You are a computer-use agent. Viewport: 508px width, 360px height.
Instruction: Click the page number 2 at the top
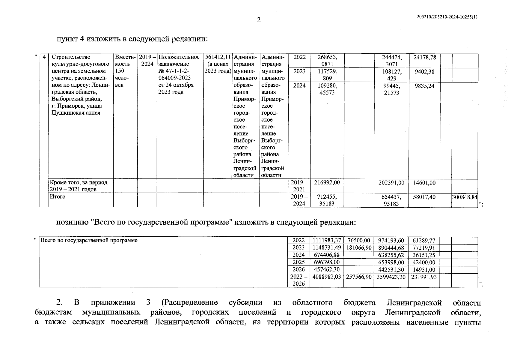pos(259,20)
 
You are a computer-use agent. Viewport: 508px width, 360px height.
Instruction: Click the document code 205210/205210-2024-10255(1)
pos(447,17)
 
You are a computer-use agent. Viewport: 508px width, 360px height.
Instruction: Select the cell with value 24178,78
pos(425,57)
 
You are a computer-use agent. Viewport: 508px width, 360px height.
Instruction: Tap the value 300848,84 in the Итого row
pos(465,197)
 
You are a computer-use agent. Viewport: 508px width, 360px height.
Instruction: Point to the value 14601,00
pos(424,183)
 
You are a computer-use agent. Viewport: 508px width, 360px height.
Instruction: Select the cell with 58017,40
pos(424,197)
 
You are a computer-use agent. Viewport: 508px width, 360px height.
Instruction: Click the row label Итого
pos(58,196)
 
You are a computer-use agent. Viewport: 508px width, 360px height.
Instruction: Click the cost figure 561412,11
pos(218,57)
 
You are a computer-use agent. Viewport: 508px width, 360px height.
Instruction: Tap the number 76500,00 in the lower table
pos(359,240)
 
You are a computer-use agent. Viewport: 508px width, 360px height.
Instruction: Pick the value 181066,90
pos(359,248)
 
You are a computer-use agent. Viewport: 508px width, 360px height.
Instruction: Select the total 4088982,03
pos(327,277)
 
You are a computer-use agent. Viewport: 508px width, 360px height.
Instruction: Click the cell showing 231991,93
pos(424,277)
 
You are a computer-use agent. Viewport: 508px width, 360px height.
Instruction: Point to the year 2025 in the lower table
pos(299,262)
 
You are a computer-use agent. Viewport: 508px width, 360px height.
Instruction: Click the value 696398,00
pos(327,262)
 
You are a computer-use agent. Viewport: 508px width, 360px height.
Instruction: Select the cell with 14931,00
pos(424,270)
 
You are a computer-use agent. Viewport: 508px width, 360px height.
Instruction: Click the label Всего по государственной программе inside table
pos(89,240)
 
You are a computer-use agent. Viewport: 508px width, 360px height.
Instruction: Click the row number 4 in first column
pos(44,57)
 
